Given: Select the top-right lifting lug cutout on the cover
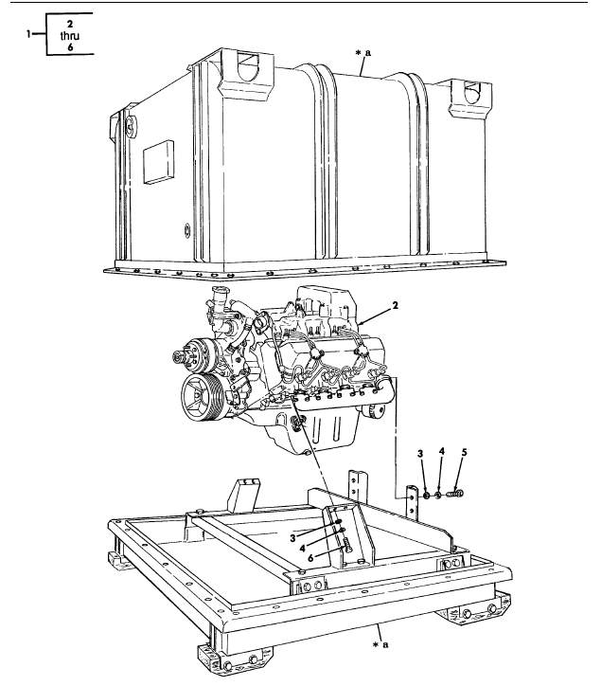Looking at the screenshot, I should tap(466, 92).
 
